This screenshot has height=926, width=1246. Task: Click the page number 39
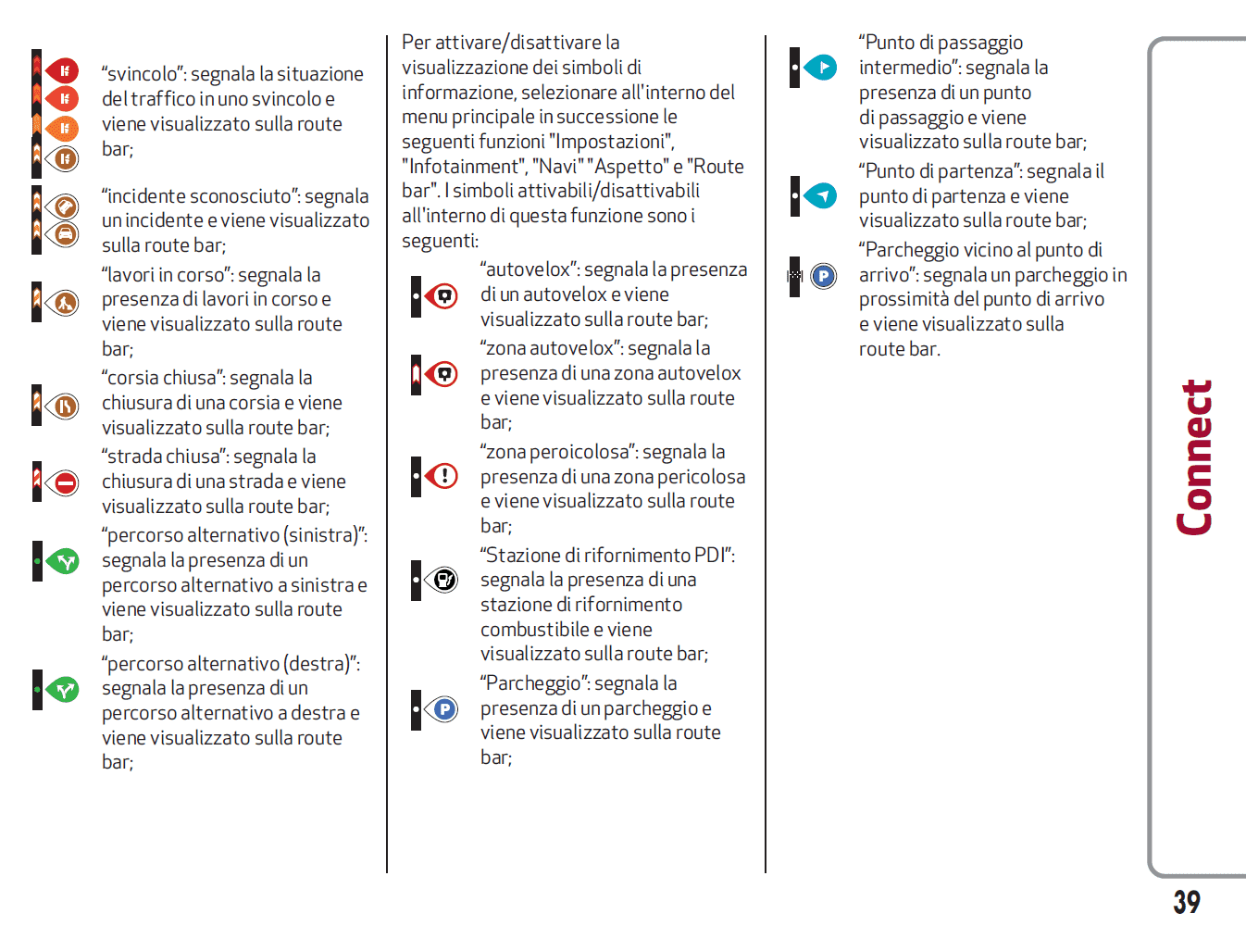click(1186, 901)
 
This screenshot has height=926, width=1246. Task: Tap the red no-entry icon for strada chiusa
click(65, 482)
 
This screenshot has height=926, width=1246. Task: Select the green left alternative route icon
click(64, 561)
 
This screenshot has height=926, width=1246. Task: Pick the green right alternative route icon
click(64, 690)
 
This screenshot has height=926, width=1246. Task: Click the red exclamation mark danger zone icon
click(444, 477)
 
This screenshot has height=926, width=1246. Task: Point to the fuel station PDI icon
click(444, 581)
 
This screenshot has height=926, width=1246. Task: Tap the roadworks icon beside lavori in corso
click(65, 302)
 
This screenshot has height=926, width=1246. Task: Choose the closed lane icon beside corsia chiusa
click(65, 406)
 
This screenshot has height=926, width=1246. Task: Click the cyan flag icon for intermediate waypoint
click(821, 68)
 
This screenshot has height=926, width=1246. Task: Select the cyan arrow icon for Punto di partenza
click(821, 196)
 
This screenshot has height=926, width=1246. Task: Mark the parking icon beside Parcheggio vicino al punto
click(823, 276)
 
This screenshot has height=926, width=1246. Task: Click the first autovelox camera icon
click(444, 296)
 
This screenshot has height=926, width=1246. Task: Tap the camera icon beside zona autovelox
click(444, 374)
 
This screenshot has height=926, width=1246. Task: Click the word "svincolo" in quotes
click(139, 74)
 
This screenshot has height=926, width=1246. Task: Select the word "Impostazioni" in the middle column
click(611, 142)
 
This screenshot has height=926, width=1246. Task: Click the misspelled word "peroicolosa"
click(582, 452)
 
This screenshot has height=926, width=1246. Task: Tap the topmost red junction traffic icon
click(63, 70)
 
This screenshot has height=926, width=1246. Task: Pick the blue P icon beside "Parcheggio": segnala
click(444, 709)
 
